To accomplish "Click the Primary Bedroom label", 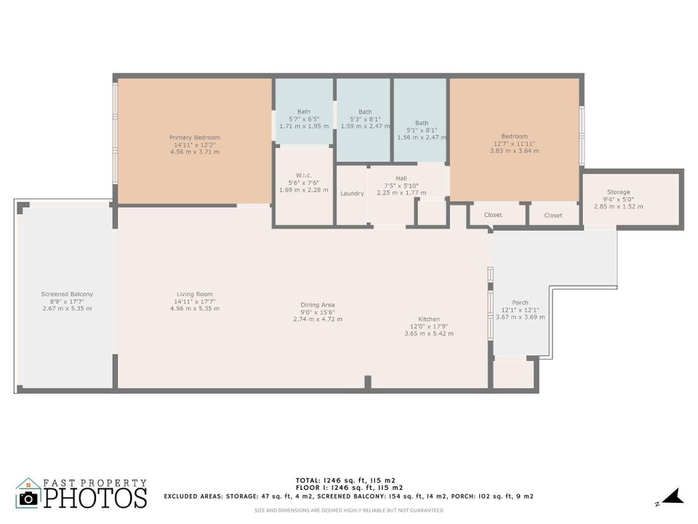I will coord(194,138).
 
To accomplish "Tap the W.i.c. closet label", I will coord(303,174).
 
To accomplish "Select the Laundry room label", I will coord(352,194).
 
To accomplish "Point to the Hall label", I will coord(401,178).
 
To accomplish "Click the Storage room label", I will coord(619,192).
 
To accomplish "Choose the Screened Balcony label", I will coord(67,294).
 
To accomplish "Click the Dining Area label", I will coord(318,305).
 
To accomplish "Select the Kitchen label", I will coord(429,319).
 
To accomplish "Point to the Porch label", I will coord(520,303).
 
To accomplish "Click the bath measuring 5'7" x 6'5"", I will coord(303,111).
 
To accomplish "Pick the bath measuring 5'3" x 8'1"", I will coord(364,111).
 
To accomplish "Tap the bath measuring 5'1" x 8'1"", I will coord(421,123).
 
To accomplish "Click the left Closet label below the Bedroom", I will coord(493,215).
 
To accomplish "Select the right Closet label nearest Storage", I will coord(553,215).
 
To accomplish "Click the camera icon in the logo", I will coord(28,498).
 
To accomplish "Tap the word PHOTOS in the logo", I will coord(95,499).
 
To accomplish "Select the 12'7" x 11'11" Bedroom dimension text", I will coord(514,143).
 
